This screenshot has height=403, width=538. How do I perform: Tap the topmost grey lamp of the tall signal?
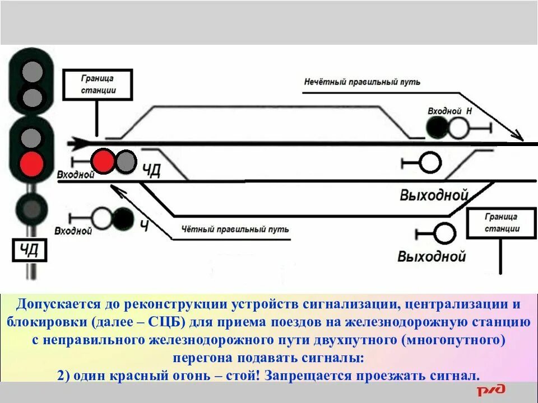[32, 72]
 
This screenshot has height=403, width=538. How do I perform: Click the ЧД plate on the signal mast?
[30, 250]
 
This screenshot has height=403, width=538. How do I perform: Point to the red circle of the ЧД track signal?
[103, 161]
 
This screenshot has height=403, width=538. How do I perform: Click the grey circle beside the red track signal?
[126, 161]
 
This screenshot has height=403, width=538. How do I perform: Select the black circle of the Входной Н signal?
[437, 128]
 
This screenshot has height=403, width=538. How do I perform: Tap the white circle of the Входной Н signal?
[458, 128]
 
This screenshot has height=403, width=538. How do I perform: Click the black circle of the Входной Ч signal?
[123, 218]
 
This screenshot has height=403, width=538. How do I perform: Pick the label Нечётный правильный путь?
[362, 82]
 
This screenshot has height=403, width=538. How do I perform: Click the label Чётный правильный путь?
[235, 229]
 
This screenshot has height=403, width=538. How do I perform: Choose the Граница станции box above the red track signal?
[98, 85]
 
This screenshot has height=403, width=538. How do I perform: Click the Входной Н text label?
[449, 111]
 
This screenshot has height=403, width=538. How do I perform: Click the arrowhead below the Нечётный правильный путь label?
[518, 136]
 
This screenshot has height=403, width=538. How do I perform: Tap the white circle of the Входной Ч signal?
[103, 218]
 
